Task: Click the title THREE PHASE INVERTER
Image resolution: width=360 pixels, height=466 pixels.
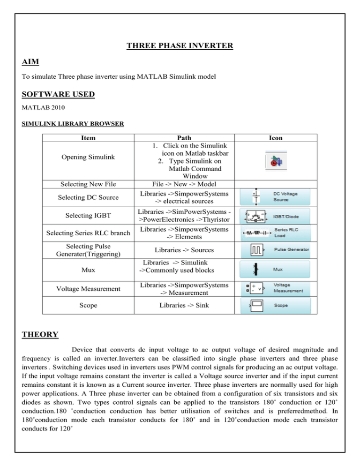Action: pos(180,46)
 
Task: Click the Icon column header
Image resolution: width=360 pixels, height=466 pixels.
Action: pos(275,138)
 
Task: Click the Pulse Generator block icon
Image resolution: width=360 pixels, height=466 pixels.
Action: pos(275,250)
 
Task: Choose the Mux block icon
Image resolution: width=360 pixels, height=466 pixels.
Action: pos(275,271)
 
